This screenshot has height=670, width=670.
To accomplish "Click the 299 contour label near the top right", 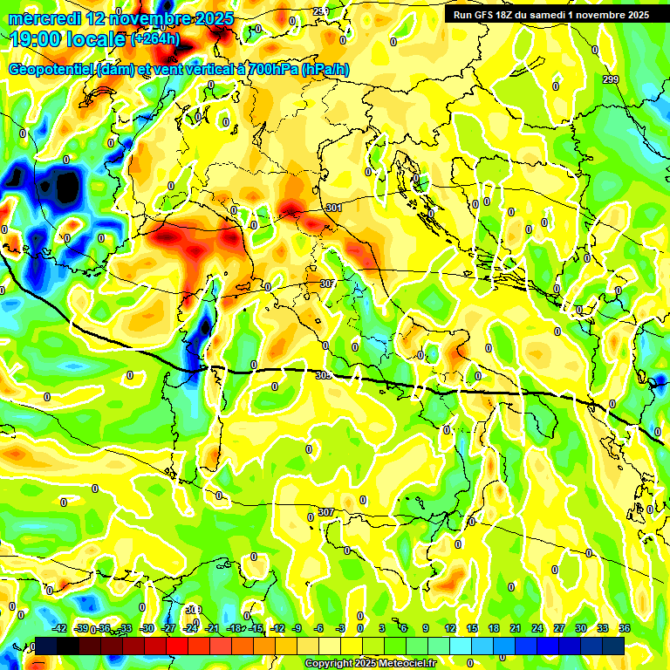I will point(611,79).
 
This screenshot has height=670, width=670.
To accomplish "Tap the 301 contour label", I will point(333,209).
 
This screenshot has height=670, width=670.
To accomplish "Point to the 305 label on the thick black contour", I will point(323,375).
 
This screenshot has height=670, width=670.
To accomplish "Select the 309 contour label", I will point(194,610).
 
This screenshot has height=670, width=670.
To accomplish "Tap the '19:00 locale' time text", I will point(66,38).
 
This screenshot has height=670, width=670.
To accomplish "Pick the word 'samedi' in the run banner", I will point(568,15).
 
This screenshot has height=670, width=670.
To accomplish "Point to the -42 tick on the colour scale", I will point(60,628).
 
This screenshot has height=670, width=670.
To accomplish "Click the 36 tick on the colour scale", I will point(625,628).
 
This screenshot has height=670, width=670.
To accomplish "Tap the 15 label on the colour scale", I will point(471,628).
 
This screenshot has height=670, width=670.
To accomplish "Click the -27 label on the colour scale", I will point(169,628).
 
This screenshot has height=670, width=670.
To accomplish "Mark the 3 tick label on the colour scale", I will point(382,628).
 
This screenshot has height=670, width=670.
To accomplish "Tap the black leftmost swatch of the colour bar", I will point(46,646).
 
